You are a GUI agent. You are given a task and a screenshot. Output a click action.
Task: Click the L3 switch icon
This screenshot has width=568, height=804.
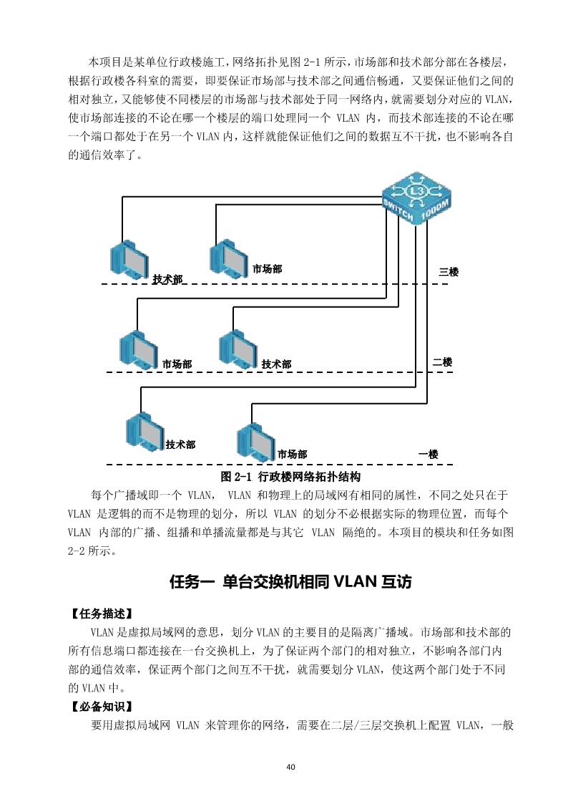click(417, 195)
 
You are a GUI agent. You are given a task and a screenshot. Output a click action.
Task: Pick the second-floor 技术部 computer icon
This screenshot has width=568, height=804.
click(238, 347)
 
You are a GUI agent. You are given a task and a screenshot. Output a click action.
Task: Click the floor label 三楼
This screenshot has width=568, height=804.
click(449, 272)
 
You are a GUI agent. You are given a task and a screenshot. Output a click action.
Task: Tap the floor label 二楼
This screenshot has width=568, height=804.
click(443, 362)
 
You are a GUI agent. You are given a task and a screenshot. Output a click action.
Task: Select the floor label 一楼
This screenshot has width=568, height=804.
click(429, 454)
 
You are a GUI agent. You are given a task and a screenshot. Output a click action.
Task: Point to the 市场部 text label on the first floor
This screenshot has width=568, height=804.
click(292, 454)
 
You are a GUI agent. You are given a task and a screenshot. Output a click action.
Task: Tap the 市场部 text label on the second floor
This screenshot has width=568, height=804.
click(177, 364)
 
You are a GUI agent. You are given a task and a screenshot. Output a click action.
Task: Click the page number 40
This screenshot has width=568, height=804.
click(290, 767)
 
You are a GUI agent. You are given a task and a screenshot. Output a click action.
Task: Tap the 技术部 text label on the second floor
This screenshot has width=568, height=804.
click(276, 364)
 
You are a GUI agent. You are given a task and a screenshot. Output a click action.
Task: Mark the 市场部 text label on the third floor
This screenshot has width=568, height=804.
click(267, 269)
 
